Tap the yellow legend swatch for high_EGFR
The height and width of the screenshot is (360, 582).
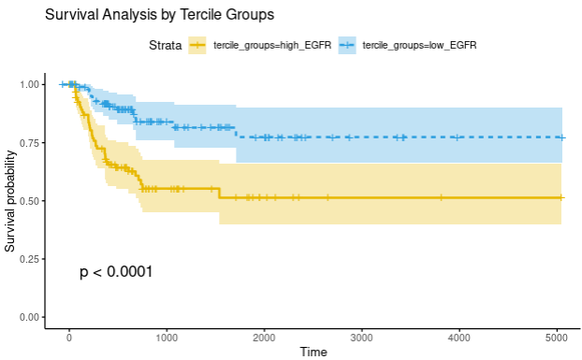click(197, 45)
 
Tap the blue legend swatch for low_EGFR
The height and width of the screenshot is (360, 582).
click(346, 45)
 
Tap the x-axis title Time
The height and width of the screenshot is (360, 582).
click(313, 352)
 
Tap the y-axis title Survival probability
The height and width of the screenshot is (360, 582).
click(10, 201)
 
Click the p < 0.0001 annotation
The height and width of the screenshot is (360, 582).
click(116, 272)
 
